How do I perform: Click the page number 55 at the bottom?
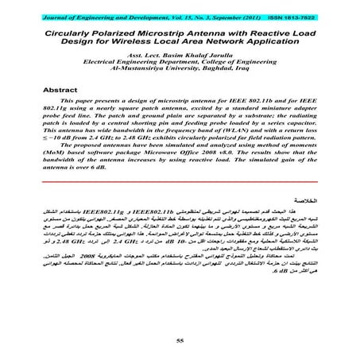click(x=180, y=339)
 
